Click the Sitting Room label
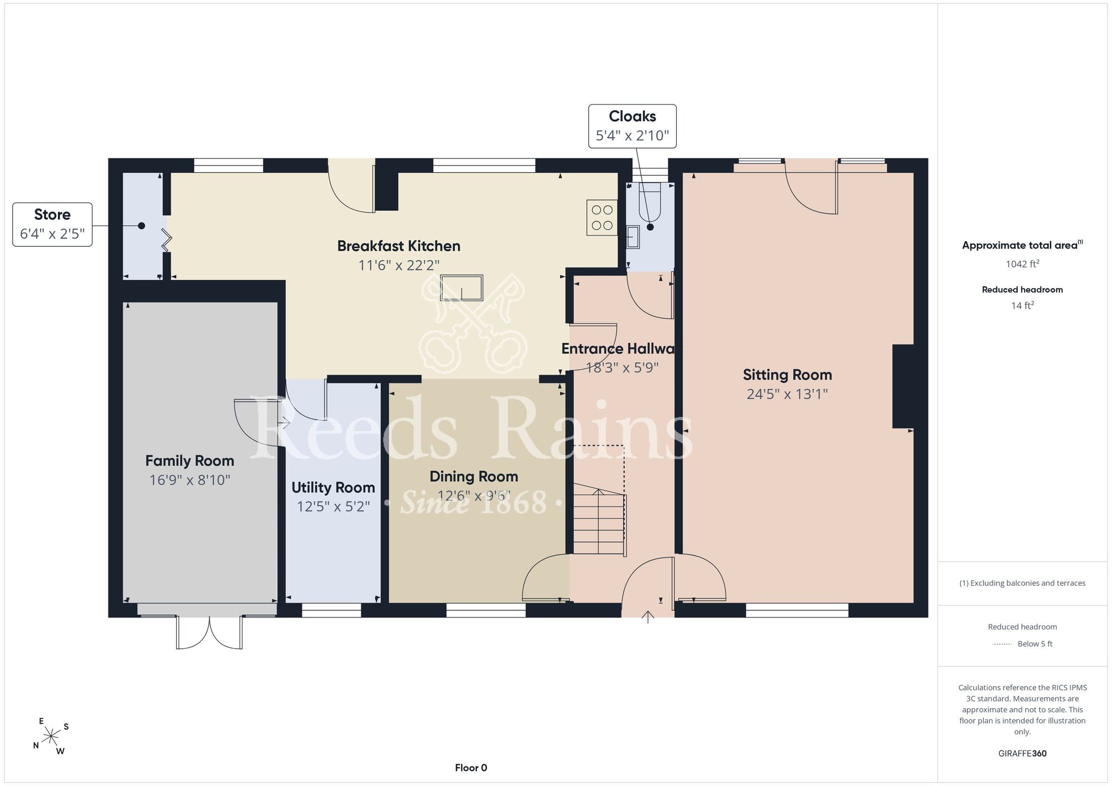pos(787,375)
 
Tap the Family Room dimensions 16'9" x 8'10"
pos(190,480)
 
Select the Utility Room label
pos(333,487)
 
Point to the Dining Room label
pos(474,476)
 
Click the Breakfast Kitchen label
pos(399,246)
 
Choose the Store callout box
pos(52,225)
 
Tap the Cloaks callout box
pos(632,126)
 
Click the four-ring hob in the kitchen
pos(602,217)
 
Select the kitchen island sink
pos(461,288)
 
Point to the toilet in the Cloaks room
pos(649,202)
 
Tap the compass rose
pos(51,737)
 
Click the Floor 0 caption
pos(471,768)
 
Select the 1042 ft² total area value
pos(1022,264)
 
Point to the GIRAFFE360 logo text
pos(1022,754)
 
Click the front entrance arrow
pos(648,617)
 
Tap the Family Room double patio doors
pos(210,632)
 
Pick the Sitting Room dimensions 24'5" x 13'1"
pos(787,394)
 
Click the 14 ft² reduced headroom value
pos(1022,305)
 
